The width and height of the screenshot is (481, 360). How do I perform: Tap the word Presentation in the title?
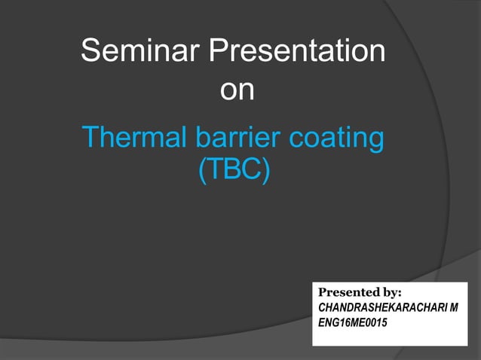[296, 52]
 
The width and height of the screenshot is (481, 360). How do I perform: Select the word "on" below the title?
[236, 90]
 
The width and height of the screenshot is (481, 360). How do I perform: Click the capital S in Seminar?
[91, 52]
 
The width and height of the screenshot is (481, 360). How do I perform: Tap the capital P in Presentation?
[216, 52]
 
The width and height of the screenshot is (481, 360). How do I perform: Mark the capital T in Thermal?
[90, 138]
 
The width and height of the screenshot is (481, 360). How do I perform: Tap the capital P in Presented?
[323, 291]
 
